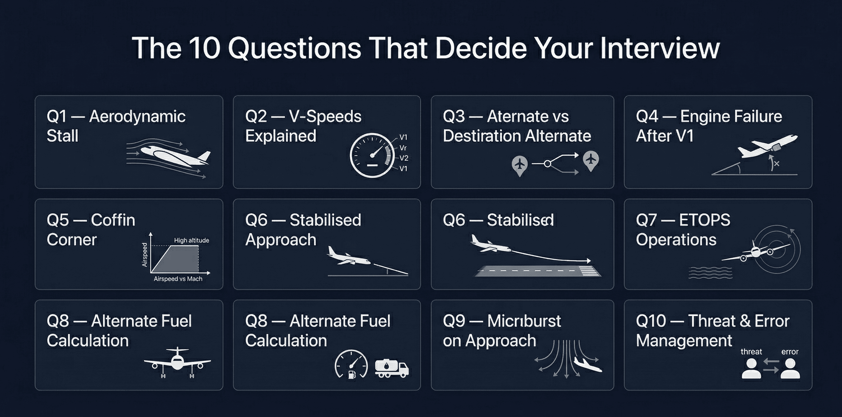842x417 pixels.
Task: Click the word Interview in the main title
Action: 660,48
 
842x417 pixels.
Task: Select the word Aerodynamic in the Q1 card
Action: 137,116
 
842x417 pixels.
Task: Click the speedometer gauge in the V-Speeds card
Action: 372,156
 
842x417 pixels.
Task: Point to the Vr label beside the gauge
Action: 403,148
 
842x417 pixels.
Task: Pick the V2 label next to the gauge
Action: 404,158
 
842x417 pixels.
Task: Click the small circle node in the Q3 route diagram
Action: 547,163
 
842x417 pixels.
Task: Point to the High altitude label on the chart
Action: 191,240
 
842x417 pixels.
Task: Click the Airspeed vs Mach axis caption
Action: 178,279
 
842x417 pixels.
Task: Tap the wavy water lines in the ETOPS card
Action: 710,272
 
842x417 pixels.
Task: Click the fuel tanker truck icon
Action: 392,369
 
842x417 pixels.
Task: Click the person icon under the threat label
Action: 751,369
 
